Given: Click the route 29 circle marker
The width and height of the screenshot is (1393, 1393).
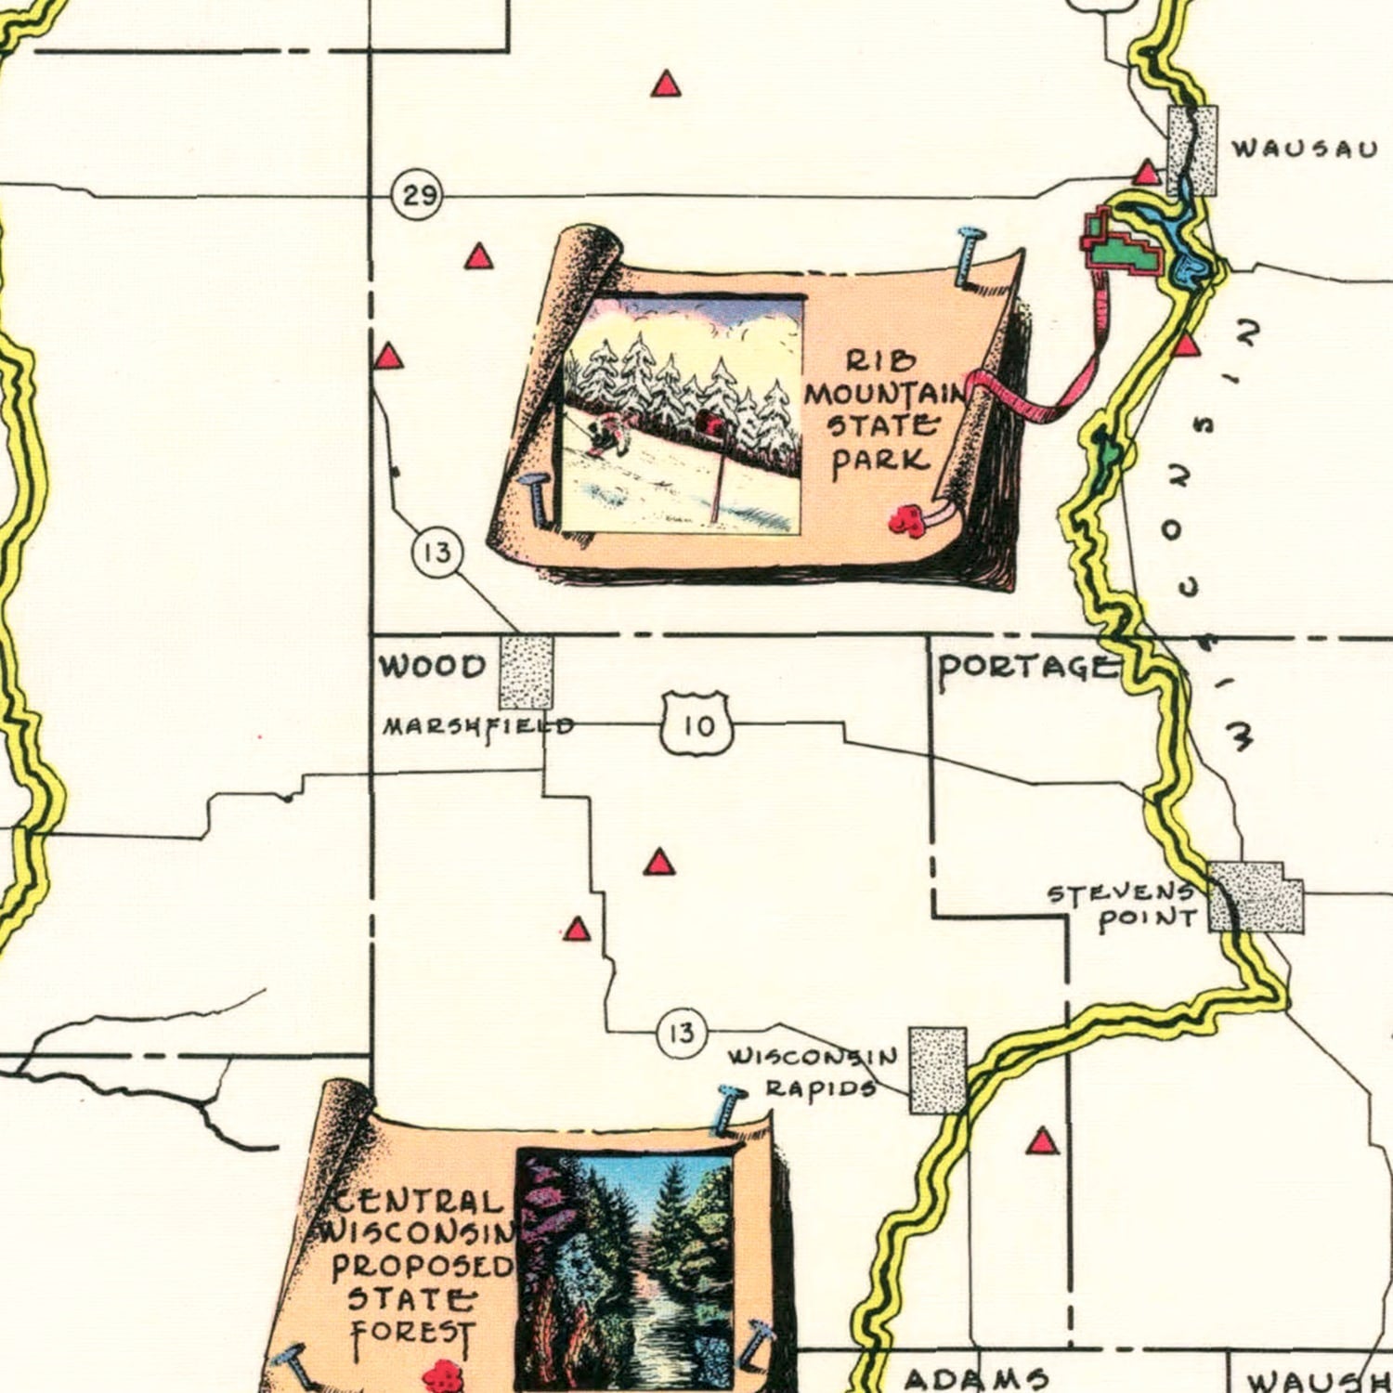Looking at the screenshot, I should tap(417, 196).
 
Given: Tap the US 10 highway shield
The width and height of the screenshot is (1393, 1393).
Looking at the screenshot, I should tap(698, 724).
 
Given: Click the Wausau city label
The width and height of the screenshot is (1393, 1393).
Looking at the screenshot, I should tap(1304, 149).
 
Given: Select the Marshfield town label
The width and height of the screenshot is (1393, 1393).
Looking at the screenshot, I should tap(477, 726).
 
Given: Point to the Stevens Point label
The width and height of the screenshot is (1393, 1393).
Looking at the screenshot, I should tap(1122, 906).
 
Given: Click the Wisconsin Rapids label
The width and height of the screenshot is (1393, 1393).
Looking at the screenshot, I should tap(813, 1072).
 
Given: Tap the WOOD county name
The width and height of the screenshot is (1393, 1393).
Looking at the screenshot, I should tap(433, 666).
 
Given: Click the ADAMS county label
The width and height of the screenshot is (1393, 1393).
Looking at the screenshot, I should tap(976, 1379).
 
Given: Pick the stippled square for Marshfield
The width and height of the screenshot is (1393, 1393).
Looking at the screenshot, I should tap(527, 672).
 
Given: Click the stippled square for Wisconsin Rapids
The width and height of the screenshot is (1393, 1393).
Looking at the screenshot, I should tap(938, 1070).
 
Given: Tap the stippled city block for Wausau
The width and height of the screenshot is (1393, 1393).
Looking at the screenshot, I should tap(1192, 150).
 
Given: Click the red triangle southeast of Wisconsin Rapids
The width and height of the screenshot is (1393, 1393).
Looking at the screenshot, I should tap(1043, 1141).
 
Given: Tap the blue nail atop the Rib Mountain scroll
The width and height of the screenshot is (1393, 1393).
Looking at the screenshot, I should tap(969, 254).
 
